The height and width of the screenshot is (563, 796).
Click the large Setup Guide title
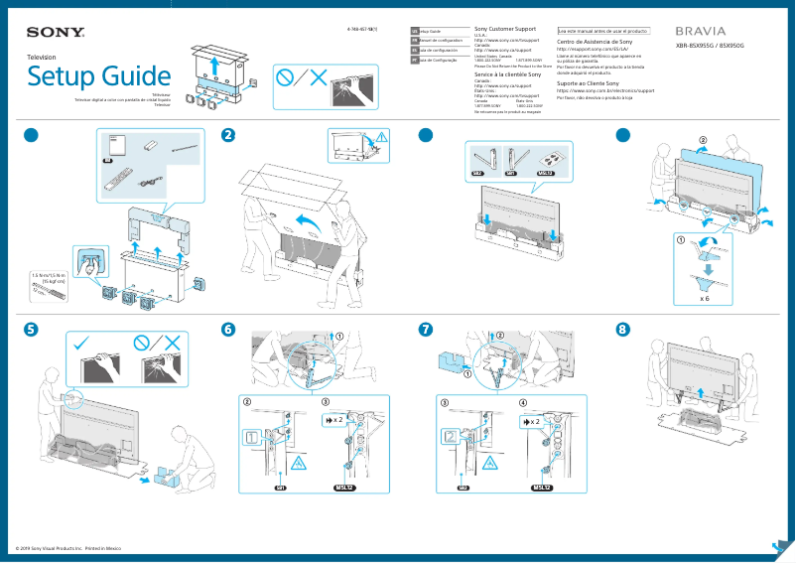(98, 76)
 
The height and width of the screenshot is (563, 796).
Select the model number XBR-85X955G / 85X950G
(710, 47)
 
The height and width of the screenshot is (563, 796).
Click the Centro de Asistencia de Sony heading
(595, 43)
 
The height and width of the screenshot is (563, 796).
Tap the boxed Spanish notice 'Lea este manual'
(603, 31)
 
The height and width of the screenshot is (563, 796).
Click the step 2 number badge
(228, 135)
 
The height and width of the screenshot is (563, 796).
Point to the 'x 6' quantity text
(704, 297)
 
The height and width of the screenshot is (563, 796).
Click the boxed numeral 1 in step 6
(253, 436)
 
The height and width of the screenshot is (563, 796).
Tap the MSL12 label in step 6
(344, 488)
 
